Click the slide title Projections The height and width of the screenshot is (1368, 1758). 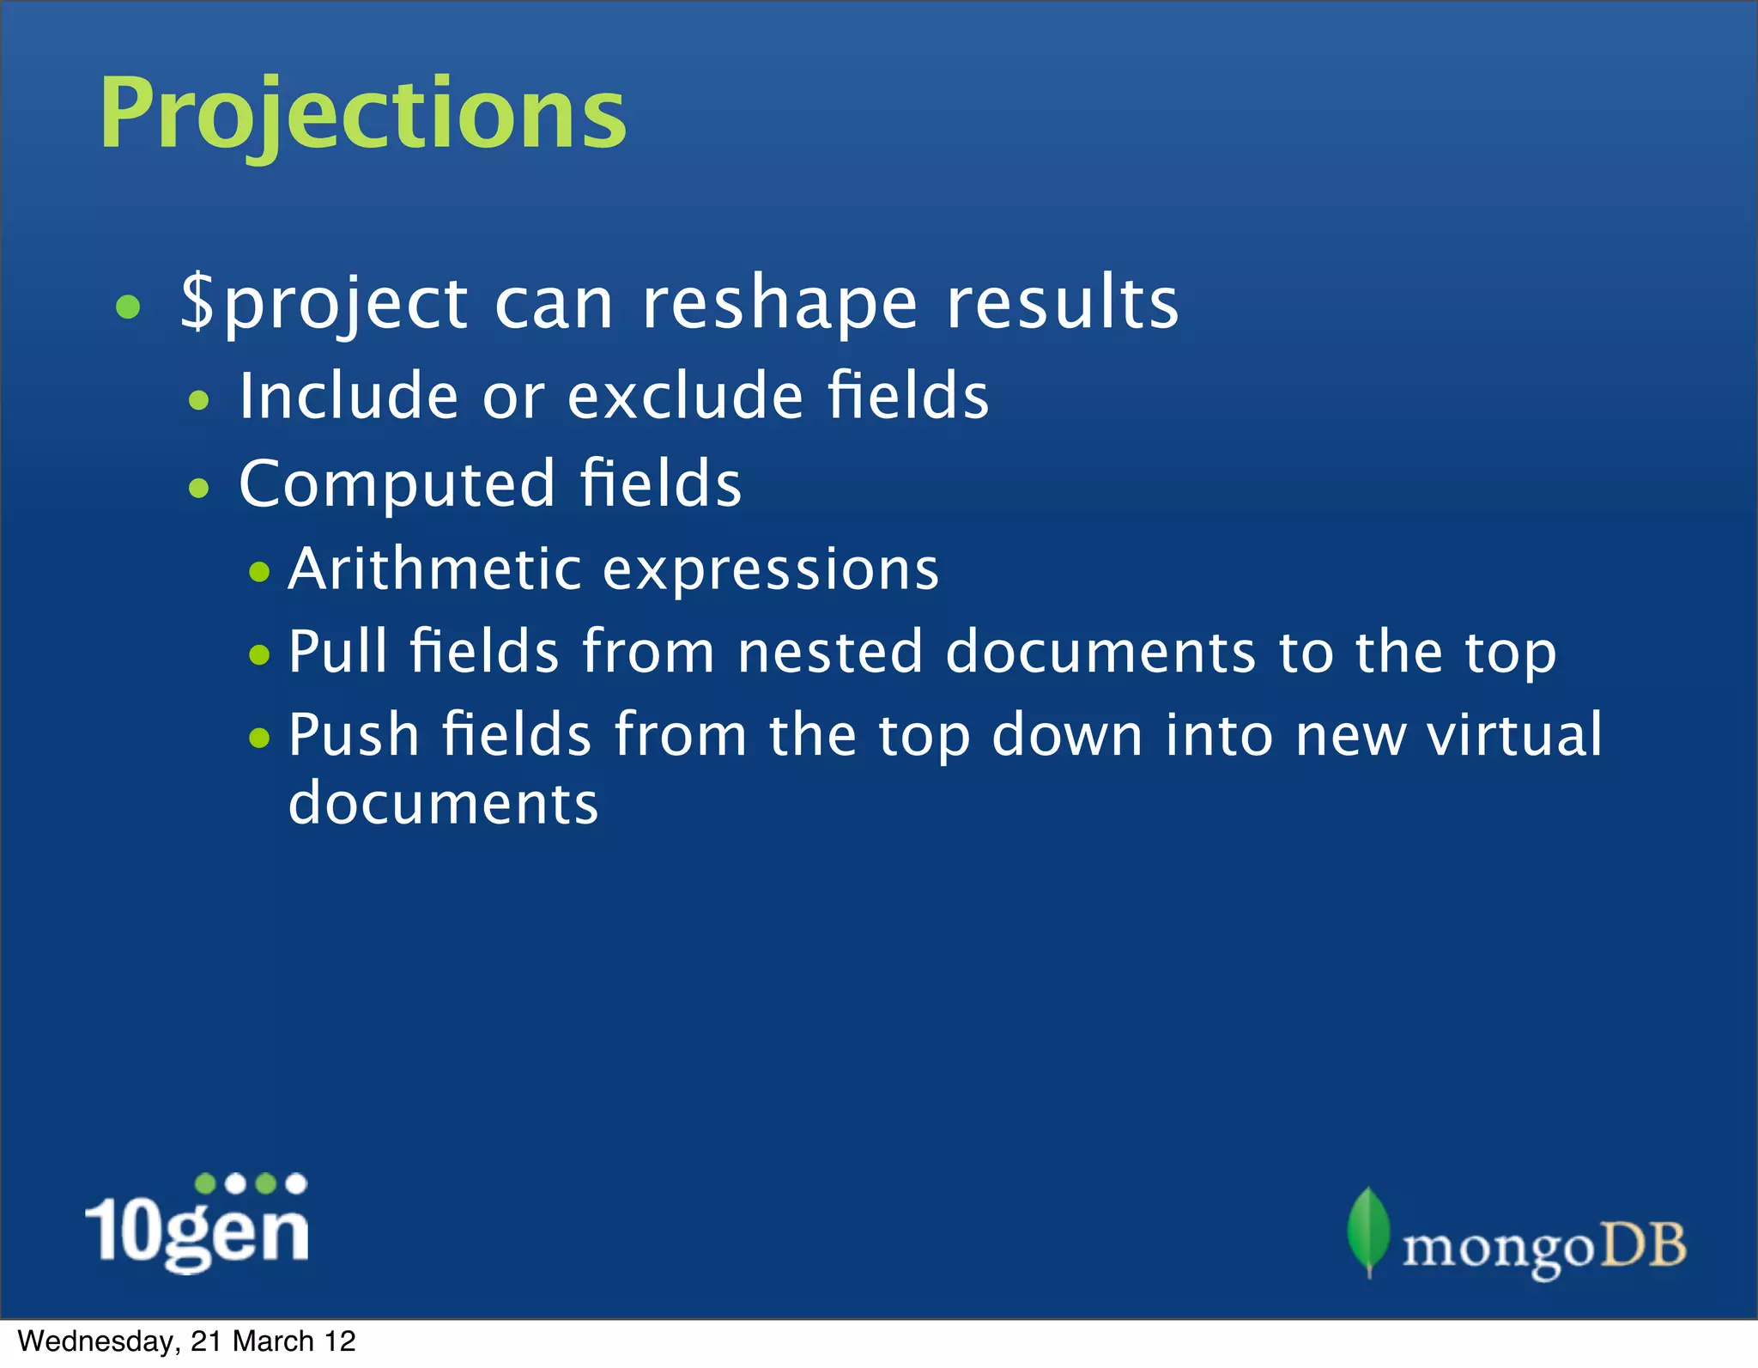point(362,114)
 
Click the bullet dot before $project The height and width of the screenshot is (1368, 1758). point(128,307)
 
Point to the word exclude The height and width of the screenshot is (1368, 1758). point(685,396)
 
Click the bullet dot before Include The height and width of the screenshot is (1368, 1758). point(199,399)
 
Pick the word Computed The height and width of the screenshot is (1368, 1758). point(397,483)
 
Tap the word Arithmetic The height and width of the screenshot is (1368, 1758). point(434,568)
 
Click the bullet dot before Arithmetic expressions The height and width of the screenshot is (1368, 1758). point(259,572)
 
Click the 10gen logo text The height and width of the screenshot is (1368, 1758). point(197,1230)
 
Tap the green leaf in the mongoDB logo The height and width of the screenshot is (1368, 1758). point(1368,1230)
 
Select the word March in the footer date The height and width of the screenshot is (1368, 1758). point(273,1341)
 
